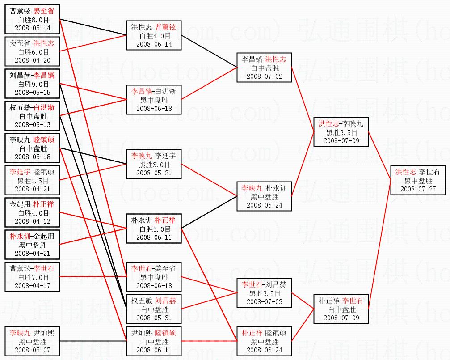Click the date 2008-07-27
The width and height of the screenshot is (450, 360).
(x=418, y=189)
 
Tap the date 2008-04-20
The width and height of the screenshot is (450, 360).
(x=33, y=60)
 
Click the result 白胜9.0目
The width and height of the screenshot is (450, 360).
(x=33, y=84)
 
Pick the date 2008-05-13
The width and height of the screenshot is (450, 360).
(x=33, y=124)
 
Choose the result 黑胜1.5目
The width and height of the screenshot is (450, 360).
(x=33, y=180)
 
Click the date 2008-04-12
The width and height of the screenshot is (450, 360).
(x=33, y=221)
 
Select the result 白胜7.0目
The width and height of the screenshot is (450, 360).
(x=33, y=277)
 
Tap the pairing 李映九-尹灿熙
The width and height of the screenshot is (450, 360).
(x=33, y=333)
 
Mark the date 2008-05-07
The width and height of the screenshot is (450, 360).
(x=33, y=350)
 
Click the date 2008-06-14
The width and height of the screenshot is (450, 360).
(x=154, y=44)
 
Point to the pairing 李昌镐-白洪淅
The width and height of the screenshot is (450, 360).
(x=154, y=91)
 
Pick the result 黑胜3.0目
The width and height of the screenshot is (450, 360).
(x=154, y=165)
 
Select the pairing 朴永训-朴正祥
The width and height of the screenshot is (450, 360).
(x=154, y=220)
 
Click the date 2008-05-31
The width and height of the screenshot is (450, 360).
(x=154, y=318)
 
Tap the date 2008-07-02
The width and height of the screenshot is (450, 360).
(x=264, y=76)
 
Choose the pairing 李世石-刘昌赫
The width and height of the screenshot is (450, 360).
(x=264, y=284)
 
